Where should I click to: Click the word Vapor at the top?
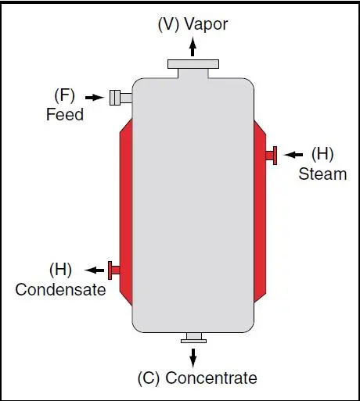tap(206, 24)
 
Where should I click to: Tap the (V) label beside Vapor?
tap(168, 25)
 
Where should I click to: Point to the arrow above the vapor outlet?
tap(193, 46)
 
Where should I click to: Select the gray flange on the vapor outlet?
tap(193, 64)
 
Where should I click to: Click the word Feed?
tap(65, 114)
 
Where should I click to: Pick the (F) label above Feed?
tap(64, 95)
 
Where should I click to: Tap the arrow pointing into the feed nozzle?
tap(95, 98)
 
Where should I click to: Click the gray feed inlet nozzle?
tap(121, 98)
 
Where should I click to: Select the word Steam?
tap(322, 174)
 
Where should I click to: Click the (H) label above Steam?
tap(322, 154)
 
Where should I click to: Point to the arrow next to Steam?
tap(293, 155)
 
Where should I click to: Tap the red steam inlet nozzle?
tap(272, 156)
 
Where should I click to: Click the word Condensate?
tap(60, 289)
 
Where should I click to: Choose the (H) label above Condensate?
tap(60, 270)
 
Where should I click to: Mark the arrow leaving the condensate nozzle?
tap(95, 270)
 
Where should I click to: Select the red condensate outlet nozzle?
tap(114, 270)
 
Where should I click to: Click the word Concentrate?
tap(211, 378)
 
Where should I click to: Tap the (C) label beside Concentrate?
tap(149, 378)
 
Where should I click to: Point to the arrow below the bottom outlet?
tap(193, 357)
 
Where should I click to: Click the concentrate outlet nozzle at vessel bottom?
tap(194, 338)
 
